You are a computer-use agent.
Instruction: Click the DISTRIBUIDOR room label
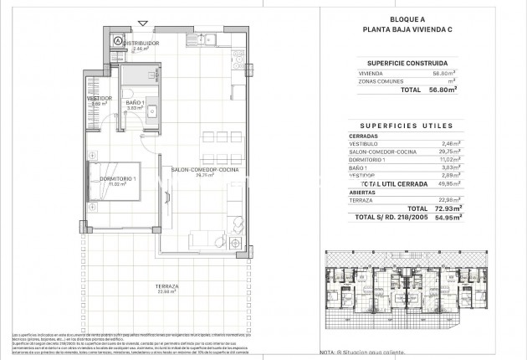tap(140, 43)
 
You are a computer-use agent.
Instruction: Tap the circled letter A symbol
tap(119, 41)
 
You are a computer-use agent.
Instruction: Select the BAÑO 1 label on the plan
tap(136, 104)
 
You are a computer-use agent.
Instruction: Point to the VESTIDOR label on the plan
tap(100, 99)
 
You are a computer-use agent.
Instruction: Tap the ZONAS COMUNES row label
tap(376, 82)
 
